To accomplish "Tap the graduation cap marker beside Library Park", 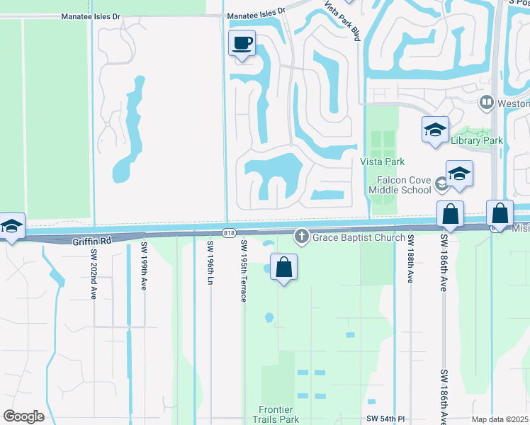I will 435,130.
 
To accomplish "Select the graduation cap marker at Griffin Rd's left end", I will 11,227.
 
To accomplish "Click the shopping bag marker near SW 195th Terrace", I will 283,268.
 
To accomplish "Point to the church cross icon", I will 302,236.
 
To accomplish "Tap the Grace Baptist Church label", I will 359,237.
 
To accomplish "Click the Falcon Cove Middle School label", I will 400,185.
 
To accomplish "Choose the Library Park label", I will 477,140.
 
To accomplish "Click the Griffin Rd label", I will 92,242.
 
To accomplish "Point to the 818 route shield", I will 228,233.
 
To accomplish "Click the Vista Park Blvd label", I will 343,21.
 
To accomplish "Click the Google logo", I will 23,416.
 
